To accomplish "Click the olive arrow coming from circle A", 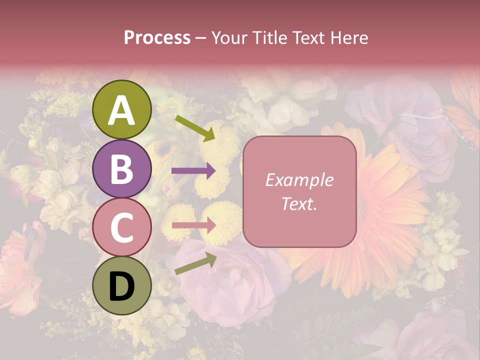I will (194, 127).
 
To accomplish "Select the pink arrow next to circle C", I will (193, 225).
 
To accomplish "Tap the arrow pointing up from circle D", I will (195, 263).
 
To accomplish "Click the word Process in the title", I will (157, 37).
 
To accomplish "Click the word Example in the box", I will (299, 180).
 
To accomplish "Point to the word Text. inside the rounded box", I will (299, 203).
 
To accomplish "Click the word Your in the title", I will (229, 37).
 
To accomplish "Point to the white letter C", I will (122, 227).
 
